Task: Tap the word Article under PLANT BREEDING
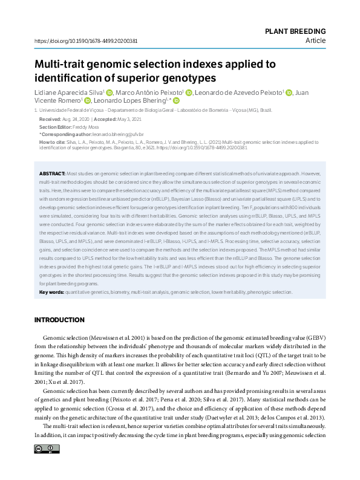coord(315,41)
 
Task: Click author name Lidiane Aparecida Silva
coord(68,92)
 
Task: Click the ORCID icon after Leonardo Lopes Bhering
coord(178,101)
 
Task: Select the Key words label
coord(51,292)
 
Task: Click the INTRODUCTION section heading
coord(59,320)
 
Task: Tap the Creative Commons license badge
coord(47,449)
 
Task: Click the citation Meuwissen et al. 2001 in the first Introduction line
coord(120,336)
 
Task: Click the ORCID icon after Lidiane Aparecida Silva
coord(110,92)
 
